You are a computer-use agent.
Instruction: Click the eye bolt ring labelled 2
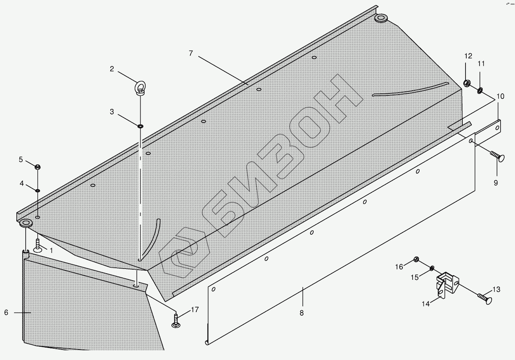coord(140,86)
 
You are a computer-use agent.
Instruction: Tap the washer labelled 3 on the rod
coord(140,126)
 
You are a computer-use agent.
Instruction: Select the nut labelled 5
coord(38,167)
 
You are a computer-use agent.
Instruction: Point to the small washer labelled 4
coord(38,190)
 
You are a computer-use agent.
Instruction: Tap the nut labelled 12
coord(466,83)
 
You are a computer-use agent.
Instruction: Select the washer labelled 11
coord(480,90)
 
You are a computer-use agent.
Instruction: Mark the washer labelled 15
coord(432,268)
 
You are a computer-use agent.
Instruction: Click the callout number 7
coord(191,53)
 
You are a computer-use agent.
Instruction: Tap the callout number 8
coord(302,313)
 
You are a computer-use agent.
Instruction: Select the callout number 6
coord(6,312)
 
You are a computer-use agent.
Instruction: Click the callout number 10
coord(500,96)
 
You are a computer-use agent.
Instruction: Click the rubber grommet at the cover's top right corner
coord(381,18)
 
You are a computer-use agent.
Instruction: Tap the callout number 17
coord(195,310)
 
